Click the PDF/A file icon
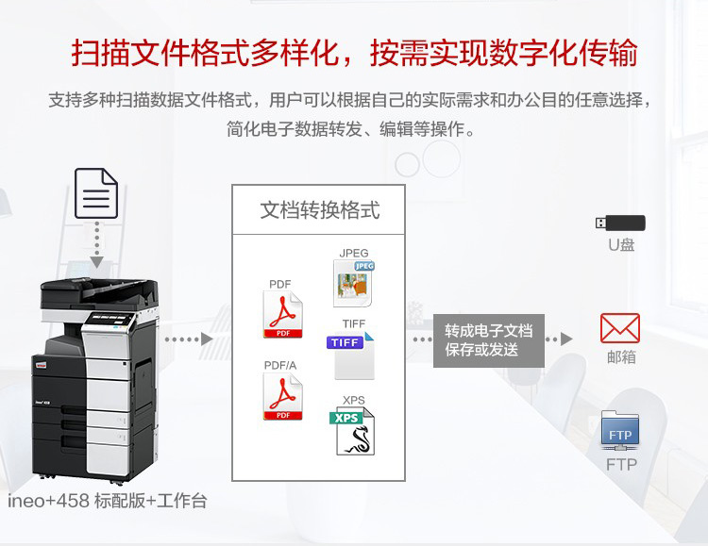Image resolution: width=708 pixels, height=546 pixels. pyautogui.click(x=281, y=397)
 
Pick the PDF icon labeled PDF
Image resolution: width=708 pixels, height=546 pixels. pyautogui.click(x=281, y=314)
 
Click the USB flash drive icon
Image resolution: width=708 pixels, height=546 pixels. pyautogui.click(x=620, y=223)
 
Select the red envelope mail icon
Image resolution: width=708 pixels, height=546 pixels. pyautogui.click(x=620, y=328)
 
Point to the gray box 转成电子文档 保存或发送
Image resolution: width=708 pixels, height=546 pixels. pyautogui.click(x=488, y=340)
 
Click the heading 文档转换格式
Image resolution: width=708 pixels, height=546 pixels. pyautogui.click(x=320, y=210)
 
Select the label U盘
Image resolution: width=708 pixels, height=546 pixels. pyautogui.click(x=620, y=246)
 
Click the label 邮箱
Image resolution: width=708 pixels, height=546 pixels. pyautogui.click(x=620, y=357)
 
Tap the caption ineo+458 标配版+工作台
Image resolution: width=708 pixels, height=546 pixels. pyautogui.click(x=107, y=502)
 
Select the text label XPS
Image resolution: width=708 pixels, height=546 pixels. pyautogui.click(x=353, y=400)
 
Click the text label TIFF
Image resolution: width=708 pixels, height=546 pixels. pyautogui.click(x=353, y=323)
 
